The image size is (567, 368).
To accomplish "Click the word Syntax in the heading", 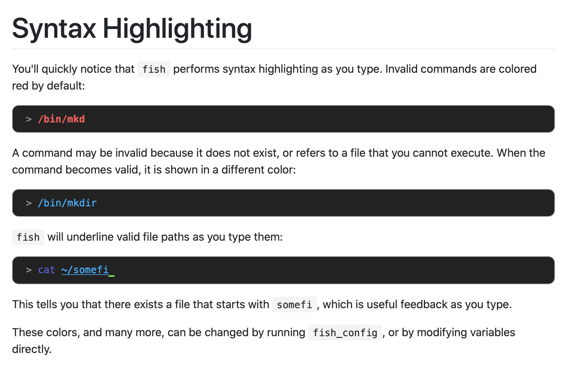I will tap(54, 29).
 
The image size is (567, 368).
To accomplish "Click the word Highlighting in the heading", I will tap(177, 29).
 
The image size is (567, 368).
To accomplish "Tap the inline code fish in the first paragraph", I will tap(154, 69).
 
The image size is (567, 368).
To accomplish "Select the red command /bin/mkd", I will tap(62, 119).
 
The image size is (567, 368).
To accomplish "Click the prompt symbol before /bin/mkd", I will tap(29, 119).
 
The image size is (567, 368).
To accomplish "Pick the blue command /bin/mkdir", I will tap(67, 203).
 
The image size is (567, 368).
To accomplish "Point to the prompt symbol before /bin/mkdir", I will tap(29, 203).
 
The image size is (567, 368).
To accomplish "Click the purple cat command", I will tap(47, 270).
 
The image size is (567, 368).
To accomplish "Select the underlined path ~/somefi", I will tap(85, 270).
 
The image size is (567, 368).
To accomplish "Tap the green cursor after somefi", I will tap(112, 275).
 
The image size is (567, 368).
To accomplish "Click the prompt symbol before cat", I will tap(29, 270).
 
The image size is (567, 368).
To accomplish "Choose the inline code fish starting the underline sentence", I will tap(28, 237).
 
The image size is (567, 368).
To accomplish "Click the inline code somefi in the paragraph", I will tap(294, 305).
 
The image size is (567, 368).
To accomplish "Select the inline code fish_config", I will tap(345, 333).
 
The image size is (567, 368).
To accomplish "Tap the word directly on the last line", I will tap(31, 349).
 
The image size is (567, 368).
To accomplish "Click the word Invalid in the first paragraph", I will tap(401, 69).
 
